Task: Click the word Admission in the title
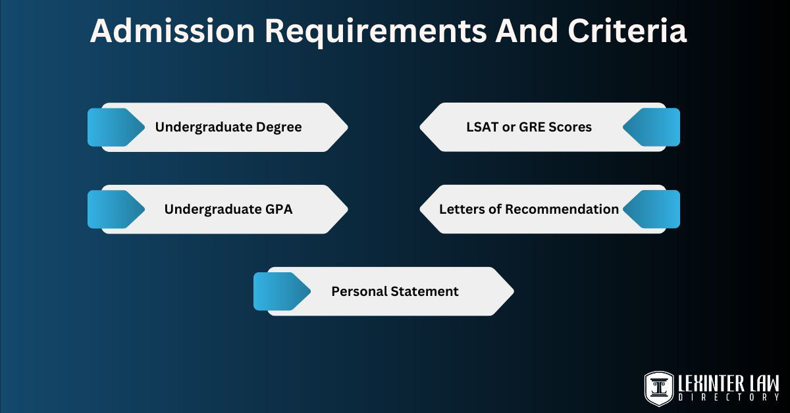pyautogui.click(x=172, y=31)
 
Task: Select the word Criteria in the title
pyautogui.click(x=627, y=31)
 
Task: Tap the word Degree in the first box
pyautogui.click(x=279, y=127)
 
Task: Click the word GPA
pyautogui.click(x=279, y=209)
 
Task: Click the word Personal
pyautogui.click(x=359, y=291)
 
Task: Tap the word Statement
pyautogui.click(x=425, y=291)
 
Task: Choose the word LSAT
pyautogui.click(x=483, y=127)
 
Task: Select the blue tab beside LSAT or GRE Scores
pyautogui.click(x=652, y=127)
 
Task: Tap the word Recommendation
pyautogui.click(x=562, y=209)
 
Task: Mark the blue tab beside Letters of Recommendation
pyautogui.click(x=652, y=209)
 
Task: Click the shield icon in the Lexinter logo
pyautogui.click(x=658, y=389)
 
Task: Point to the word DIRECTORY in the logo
pyautogui.click(x=729, y=397)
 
